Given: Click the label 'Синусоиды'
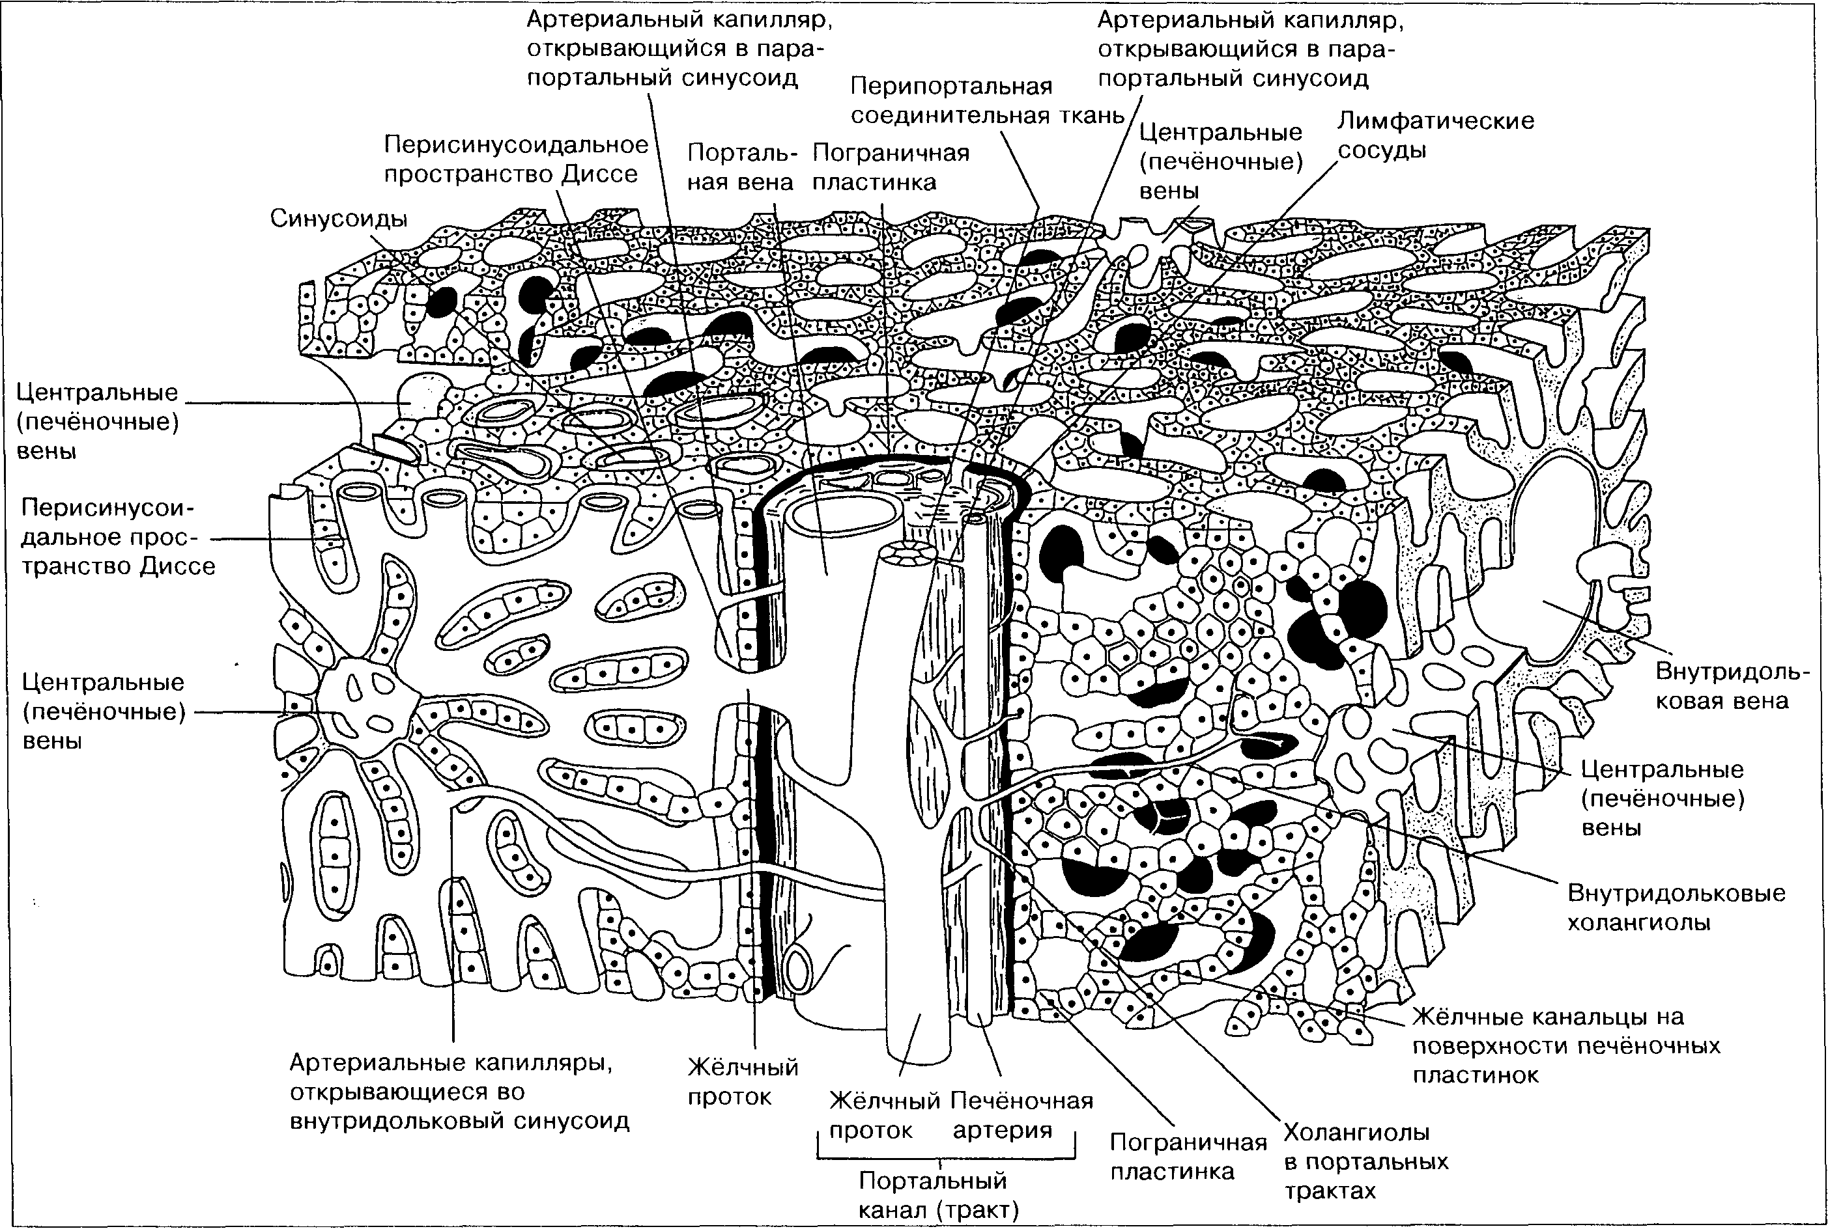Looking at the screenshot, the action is (x=339, y=219).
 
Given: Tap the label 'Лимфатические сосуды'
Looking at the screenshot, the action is (x=1435, y=135).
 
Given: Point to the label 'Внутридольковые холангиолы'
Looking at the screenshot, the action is (x=1676, y=907).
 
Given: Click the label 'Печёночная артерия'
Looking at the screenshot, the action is (x=1021, y=1114).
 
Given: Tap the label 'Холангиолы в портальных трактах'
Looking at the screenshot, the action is (x=1365, y=1161).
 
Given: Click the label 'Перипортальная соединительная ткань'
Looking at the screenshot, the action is (x=988, y=101).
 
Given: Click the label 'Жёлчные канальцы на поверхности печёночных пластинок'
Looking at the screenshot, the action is (x=1566, y=1045).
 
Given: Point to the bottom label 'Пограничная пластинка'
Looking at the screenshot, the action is (x=1188, y=1157).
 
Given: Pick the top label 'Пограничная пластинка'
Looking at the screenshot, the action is (x=890, y=167).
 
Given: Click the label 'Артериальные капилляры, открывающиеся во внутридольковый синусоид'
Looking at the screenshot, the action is (x=459, y=1092).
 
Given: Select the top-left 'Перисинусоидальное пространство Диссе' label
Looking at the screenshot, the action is (x=516, y=159).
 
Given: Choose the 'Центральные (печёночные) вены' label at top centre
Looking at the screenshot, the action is (x=1220, y=161).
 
